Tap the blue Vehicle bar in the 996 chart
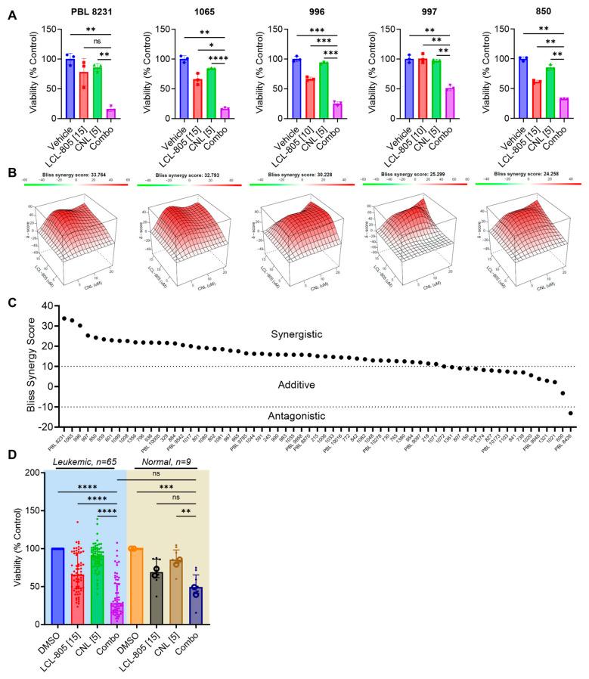(296, 88)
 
